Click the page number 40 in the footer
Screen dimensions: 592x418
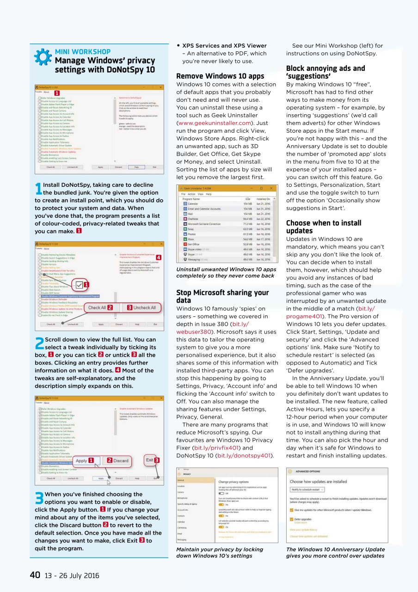click(35, 575)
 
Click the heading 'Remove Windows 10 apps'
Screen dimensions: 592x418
click(220, 76)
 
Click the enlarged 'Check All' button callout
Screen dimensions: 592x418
click(100, 308)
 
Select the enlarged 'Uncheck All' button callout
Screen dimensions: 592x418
click(142, 308)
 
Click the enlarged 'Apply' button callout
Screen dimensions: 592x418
click(85, 460)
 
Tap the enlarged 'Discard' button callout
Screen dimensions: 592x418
click(117, 460)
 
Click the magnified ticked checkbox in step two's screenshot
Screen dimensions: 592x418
click(80, 285)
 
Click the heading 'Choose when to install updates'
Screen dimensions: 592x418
click(324, 227)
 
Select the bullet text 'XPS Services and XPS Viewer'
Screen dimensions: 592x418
click(224, 46)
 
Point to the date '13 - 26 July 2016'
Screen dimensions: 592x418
click(71, 575)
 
